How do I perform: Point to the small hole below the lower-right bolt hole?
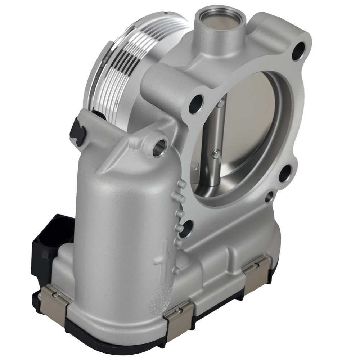(x=269, y=197)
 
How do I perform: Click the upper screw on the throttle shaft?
(x=221, y=104)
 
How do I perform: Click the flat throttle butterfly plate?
(x=248, y=119)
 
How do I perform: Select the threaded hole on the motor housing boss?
(x=159, y=148)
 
